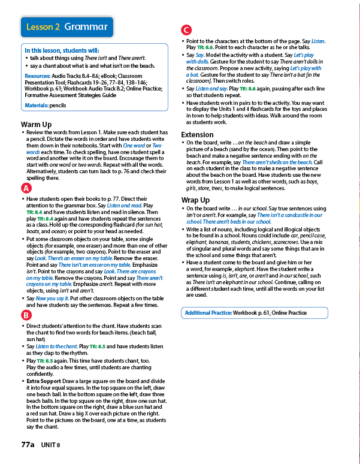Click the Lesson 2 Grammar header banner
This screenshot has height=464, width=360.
66,27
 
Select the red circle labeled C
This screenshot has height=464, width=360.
186,31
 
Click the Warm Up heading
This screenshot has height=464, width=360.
35,124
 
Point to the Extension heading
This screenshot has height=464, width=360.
197,135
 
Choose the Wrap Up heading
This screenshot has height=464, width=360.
195,200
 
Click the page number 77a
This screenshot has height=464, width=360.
28,445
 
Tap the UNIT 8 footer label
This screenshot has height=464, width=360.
51,446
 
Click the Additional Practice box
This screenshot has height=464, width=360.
254,313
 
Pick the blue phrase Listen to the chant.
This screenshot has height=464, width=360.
56,347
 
